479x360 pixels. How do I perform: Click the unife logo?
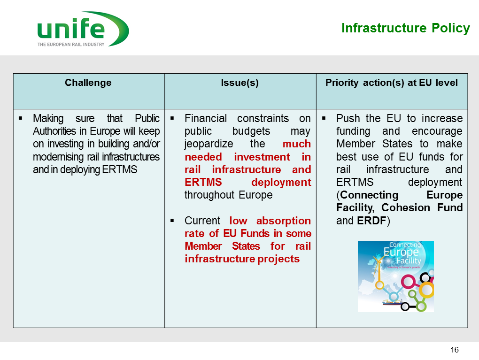click(83, 29)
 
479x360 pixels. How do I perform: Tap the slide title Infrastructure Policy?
click(406, 28)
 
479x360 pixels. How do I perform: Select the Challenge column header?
click(88, 83)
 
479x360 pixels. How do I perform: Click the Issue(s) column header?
click(240, 83)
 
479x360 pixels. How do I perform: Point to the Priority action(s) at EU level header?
click(391, 83)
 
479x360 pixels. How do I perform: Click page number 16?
click(455, 350)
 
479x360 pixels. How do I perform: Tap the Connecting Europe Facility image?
click(395, 276)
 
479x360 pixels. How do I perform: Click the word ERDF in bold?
click(372, 221)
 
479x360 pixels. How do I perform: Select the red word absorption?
click(284, 221)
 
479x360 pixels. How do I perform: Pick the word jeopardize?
click(209, 144)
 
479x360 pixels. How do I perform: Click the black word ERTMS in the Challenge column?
click(120, 169)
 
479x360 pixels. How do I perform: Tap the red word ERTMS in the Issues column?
click(203, 182)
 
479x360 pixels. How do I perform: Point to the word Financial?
click(206, 118)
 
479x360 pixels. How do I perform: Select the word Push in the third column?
click(348, 118)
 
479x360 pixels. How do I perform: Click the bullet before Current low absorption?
click(172, 221)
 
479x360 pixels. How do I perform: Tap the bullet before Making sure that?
click(21, 118)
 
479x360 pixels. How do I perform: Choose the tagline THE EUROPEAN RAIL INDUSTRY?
click(71, 45)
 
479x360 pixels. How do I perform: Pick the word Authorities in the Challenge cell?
click(54, 131)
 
